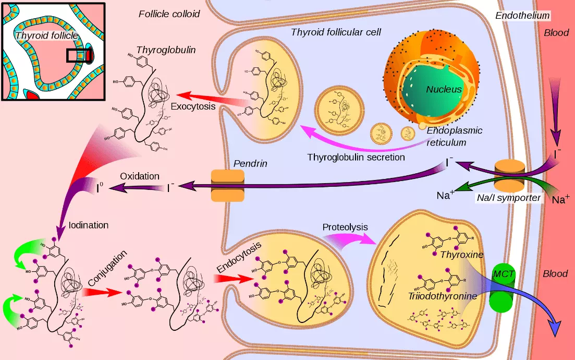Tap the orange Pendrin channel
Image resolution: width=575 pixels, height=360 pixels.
(227, 185)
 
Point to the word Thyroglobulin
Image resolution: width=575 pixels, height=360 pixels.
(158, 50)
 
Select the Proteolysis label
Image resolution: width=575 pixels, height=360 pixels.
(345, 227)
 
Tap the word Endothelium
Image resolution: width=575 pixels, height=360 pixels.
(522, 16)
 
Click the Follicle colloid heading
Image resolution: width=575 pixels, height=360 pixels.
(169, 14)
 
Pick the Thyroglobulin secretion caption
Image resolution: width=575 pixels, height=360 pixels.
(356, 157)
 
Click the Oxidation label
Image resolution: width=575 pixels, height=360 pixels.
(140, 176)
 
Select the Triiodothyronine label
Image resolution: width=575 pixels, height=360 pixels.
(443, 296)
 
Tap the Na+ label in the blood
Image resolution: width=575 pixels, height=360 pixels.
(561, 199)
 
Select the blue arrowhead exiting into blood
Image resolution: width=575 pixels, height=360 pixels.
(555, 329)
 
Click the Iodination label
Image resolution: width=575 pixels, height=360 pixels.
(89, 225)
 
